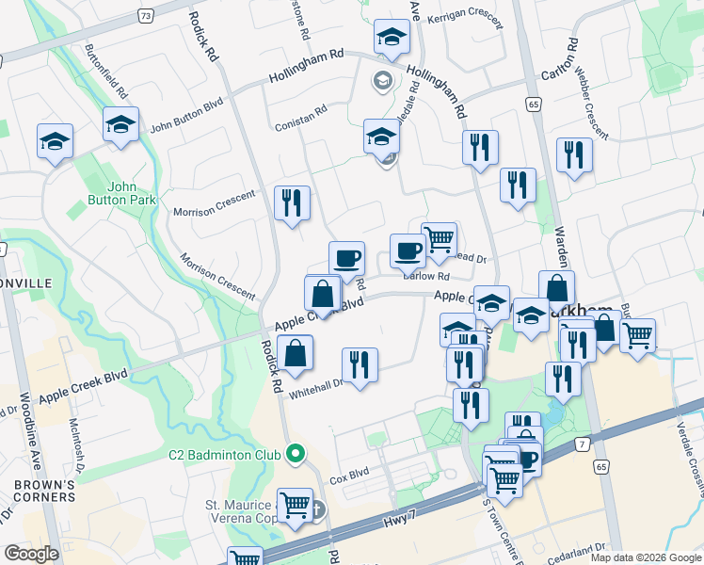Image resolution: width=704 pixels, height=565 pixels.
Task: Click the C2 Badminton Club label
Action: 225,455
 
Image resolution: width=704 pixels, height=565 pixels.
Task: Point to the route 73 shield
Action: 144,16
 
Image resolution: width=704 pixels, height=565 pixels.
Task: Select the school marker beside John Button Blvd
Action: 120,124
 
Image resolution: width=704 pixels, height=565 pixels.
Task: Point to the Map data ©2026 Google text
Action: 646,557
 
